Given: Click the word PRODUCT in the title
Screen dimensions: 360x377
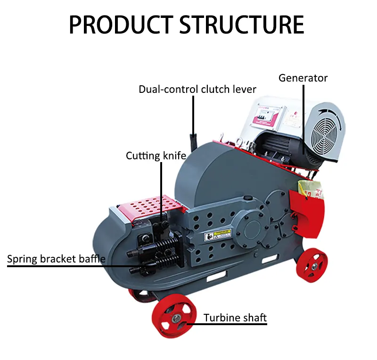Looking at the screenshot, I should coord(121,25).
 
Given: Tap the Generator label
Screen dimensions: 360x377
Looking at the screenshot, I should coord(303,78).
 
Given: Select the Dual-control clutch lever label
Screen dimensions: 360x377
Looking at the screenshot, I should coord(197,90).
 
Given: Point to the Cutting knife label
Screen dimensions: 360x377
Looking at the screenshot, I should coord(156,155).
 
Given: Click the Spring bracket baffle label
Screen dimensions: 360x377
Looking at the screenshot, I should coord(56,259).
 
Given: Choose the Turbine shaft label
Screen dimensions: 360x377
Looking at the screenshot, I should coord(235,318).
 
